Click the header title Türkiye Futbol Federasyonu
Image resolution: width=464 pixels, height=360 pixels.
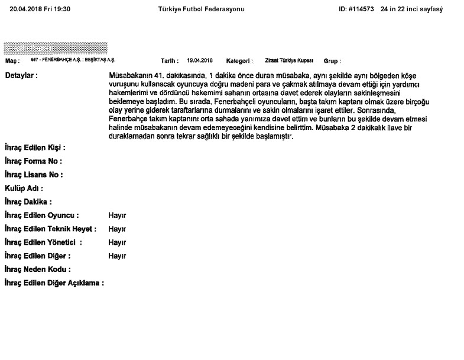(x=201, y=9)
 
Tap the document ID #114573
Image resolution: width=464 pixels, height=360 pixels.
(x=356, y=9)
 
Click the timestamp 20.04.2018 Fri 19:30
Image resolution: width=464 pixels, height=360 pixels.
(x=40, y=9)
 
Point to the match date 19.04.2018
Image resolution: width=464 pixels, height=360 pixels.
(x=200, y=60)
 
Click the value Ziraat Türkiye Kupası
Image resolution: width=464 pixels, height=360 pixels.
(x=289, y=60)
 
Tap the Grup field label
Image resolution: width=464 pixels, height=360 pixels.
(x=332, y=61)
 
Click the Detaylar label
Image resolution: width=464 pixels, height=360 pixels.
(x=21, y=76)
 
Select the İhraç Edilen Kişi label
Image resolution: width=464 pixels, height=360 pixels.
(x=34, y=147)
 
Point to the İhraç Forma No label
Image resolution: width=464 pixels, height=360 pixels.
(x=33, y=161)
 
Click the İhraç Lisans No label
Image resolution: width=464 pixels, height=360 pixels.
(x=33, y=174)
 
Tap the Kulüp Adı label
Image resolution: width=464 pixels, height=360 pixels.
(x=23, y=188)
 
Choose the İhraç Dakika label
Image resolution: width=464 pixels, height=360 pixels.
(x=28, y=202)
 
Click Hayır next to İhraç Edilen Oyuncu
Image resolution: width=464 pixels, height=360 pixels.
(x=117, y=215)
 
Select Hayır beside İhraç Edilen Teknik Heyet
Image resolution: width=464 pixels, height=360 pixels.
(x=117, y=229)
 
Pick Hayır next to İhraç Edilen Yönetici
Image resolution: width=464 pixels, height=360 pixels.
(x=117, y=242)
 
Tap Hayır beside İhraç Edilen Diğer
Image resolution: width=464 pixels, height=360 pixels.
(x=117, y=256)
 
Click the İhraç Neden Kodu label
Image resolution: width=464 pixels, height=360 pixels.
(x=37, y=270)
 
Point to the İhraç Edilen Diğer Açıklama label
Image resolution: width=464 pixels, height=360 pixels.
(x=54, y=283)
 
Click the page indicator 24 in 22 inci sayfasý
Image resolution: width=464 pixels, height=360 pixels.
(x=411, y=9)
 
